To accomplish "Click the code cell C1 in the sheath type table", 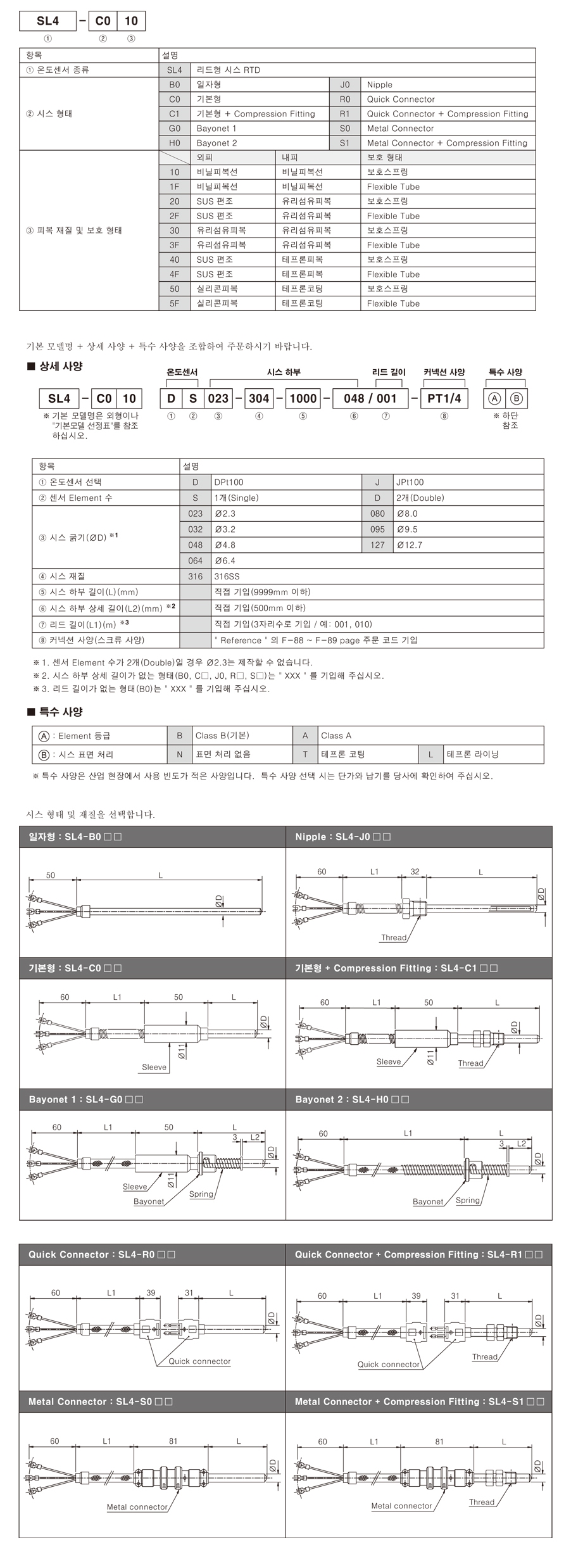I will point(174,114).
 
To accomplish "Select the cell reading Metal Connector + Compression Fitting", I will point(447,143).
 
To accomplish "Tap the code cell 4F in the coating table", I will point(174,274).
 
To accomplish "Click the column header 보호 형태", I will point(384,158).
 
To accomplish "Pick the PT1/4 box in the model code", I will point(444,398).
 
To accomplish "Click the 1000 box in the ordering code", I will point(303,398).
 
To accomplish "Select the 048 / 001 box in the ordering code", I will point(370,398).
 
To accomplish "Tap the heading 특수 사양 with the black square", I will point(56,712).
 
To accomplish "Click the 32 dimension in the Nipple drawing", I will point(415,872).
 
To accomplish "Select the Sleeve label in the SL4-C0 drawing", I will point(154,1067).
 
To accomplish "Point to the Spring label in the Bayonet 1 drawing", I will point(201,1194).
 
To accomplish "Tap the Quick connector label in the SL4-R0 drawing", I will point(199,1361).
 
